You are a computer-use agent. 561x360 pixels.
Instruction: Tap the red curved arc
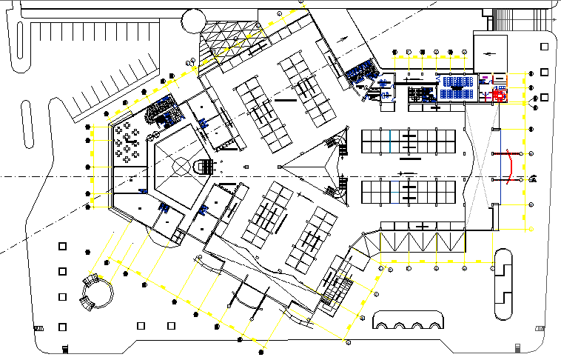click(x=510, y=166)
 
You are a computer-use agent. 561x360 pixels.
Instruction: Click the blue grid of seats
click(x=457, y=87)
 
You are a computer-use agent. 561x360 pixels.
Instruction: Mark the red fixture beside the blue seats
click(x=499, y=94)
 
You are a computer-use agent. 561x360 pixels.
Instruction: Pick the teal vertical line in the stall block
click(x=390, y=141)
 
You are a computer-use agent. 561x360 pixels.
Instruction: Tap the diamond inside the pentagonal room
click(x=181, y=164)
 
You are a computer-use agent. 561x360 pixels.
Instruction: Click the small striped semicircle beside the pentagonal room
click(x=201, y=167)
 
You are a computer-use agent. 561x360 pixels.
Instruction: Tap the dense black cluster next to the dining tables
click(x=164, y=113)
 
